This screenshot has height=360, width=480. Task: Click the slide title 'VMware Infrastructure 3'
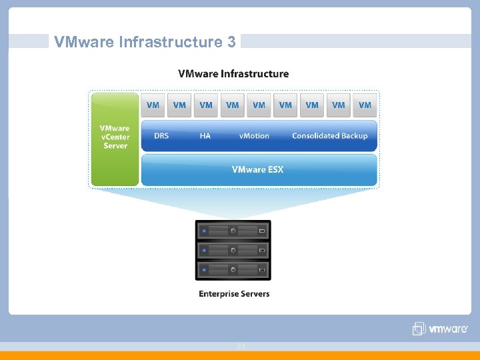point(145,42)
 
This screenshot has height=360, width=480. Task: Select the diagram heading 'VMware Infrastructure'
point(233,74)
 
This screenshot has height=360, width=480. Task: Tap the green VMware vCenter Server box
point(115,138)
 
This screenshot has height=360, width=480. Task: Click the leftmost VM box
point(153,105)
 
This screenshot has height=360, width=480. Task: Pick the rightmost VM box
point(365,105)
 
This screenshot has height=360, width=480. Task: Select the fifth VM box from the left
point(259,105)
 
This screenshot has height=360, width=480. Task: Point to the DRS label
point(161,136)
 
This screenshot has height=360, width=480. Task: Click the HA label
point(205,136)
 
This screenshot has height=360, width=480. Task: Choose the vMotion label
point(254,136)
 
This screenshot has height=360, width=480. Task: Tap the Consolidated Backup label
point(329,136)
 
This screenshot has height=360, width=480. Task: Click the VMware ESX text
point(257,170)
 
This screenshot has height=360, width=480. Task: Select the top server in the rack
point(233,231)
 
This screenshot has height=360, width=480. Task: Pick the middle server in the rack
point(233,251)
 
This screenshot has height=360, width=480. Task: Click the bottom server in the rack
point(233,270)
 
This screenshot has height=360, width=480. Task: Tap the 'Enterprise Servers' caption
point(234,294)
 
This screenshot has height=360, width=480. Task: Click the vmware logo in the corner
point(440,329)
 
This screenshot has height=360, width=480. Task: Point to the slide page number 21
point(241,346)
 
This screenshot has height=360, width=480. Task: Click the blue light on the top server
point(204,231)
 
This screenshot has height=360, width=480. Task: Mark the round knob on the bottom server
point(233,270)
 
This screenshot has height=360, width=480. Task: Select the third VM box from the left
point(206,105)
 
